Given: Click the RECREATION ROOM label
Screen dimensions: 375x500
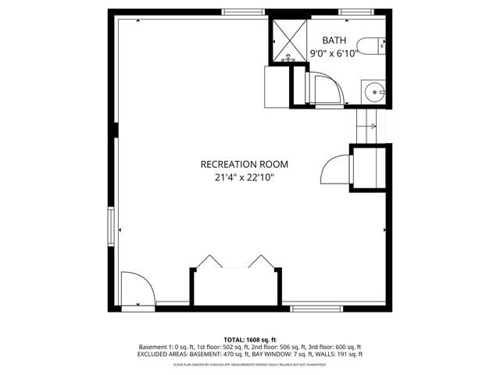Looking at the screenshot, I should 245,164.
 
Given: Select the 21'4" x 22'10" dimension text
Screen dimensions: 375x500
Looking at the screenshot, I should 245,177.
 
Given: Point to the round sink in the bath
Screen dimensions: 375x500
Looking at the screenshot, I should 375,92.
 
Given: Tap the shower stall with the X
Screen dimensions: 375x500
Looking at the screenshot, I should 289,39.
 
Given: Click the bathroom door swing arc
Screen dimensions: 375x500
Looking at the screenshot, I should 325,89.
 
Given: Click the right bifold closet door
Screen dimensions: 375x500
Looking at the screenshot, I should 259,262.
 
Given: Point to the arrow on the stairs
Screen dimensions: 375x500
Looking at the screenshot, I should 372,126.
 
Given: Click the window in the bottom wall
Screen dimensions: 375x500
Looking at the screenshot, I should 316,308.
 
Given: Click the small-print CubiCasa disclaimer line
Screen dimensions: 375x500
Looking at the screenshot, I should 249,364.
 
